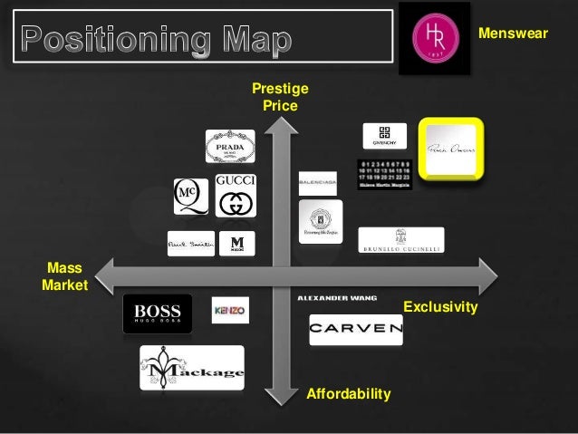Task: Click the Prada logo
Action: pos(230,146)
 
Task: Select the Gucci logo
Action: pos(236,195)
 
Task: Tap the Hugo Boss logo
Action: pos(158,313)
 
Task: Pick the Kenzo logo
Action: pos(230,310)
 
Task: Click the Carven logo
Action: pos(355,329)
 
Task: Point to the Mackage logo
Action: pos(192,367)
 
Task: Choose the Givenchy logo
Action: pos(385,135)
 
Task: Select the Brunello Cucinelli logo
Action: pos(401,240)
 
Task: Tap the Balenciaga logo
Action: pos(318,183)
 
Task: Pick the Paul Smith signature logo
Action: pos(190,244)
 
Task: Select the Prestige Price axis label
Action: pos(280,98)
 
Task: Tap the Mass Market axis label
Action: pos(64,277)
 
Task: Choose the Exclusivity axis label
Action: pos(440,308)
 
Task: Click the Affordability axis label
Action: pos(349,394)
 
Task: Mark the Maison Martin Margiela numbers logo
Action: pos(385,171)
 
